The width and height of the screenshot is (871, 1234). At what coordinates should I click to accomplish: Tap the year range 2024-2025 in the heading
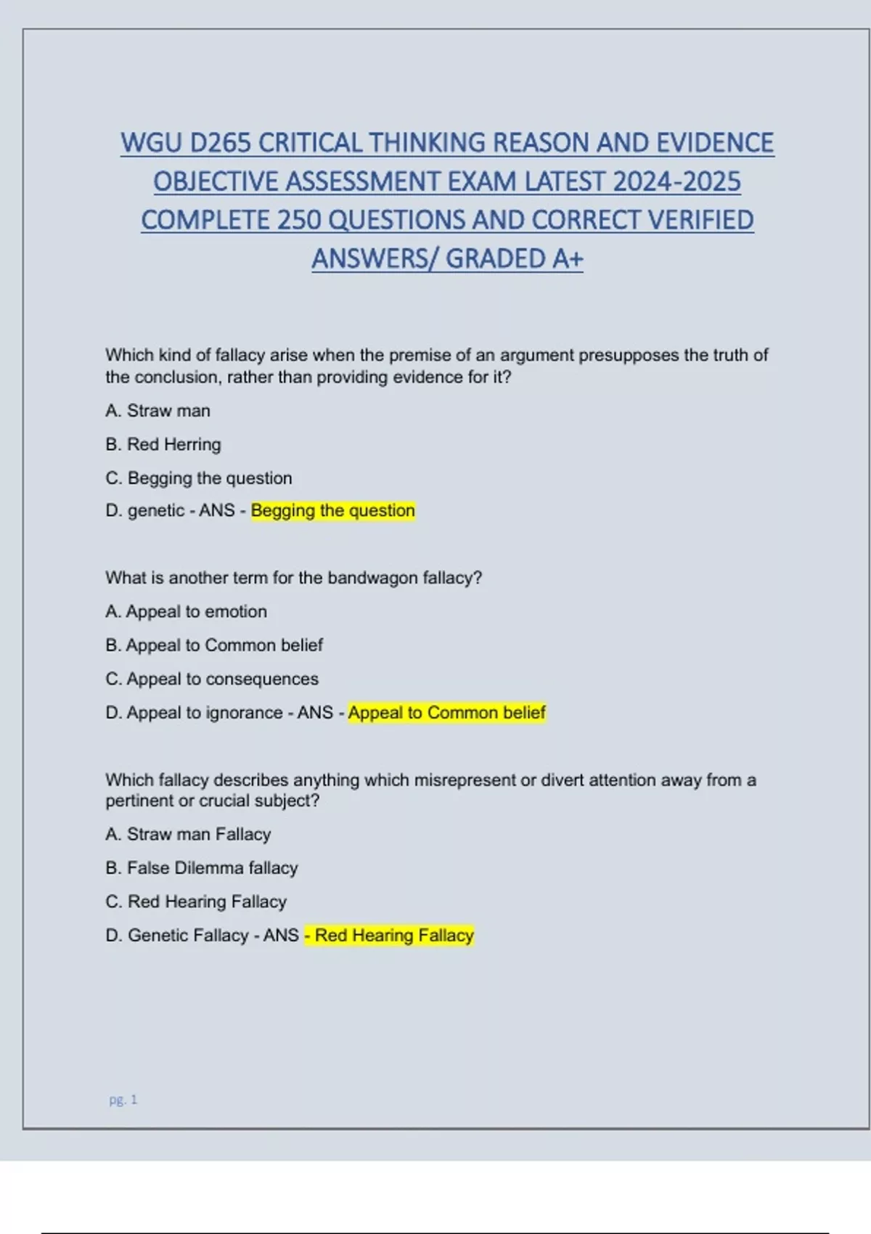point(676,181)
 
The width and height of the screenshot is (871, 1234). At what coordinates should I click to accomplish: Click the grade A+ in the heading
point(567,258)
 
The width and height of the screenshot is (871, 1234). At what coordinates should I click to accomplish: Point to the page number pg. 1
point(123,1100)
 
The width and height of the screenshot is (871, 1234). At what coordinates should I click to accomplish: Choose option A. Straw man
point(158,411)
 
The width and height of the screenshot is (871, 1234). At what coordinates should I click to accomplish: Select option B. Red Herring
point(163,444)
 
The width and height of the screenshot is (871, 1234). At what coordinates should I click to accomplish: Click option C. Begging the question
point(199,478)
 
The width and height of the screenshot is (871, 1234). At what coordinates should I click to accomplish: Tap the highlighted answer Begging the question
point(333,511)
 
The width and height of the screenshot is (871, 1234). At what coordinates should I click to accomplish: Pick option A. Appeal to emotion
point(187,612)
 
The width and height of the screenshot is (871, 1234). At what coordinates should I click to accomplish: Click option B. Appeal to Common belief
point(214,645)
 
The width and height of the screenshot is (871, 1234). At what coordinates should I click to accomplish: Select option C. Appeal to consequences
point(212,679)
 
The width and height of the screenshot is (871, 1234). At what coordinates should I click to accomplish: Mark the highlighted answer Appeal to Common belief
point(446,713)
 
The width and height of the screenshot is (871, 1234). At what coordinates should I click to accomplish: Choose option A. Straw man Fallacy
point(188,835)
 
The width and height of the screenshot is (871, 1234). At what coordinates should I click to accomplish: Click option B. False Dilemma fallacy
point(202,868)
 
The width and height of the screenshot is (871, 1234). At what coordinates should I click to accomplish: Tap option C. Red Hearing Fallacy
point(196,902)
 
